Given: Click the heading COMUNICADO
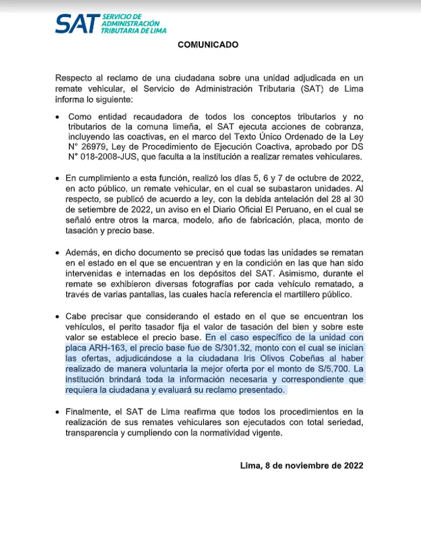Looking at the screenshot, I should [x=208, y=45].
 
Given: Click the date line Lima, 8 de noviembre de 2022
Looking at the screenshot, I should [x=302, y=465].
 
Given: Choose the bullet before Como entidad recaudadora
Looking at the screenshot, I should [x=60, y=116].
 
